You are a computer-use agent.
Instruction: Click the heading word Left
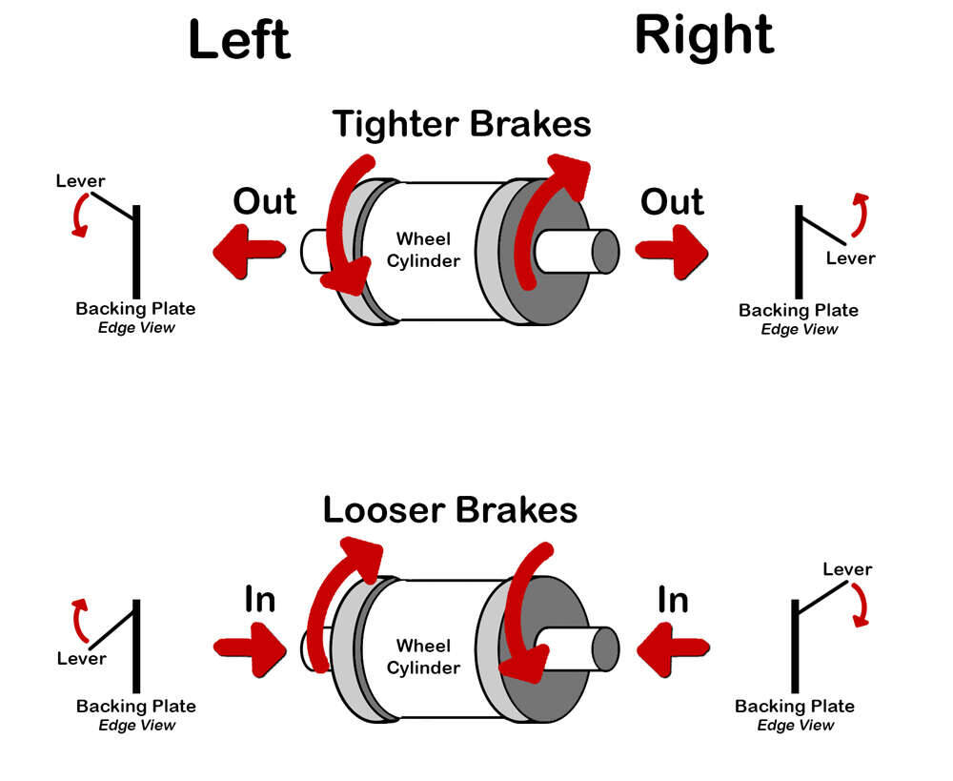coord(239,40)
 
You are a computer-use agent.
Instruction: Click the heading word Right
coord(704,36)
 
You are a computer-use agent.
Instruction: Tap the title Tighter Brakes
coord(461,124)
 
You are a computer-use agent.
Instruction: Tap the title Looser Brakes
coord(450,509)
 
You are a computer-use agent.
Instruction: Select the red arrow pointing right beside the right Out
coord(672,250)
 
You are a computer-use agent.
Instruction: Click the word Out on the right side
coord(672,202)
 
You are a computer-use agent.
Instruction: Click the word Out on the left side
coord(264,201)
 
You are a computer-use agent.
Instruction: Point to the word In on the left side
coord(260,599)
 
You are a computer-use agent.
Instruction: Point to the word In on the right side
coord(673,600)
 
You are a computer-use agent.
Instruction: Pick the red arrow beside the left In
coord(250,647)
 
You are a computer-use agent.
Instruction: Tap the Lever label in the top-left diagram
coord(81,180)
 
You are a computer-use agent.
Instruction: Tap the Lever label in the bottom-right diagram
coord(847,569)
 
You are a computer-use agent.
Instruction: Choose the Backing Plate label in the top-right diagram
coord(799,310)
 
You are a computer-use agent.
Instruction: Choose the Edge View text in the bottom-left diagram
coord(137,725)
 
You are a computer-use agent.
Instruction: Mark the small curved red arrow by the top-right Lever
coord(860,214)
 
